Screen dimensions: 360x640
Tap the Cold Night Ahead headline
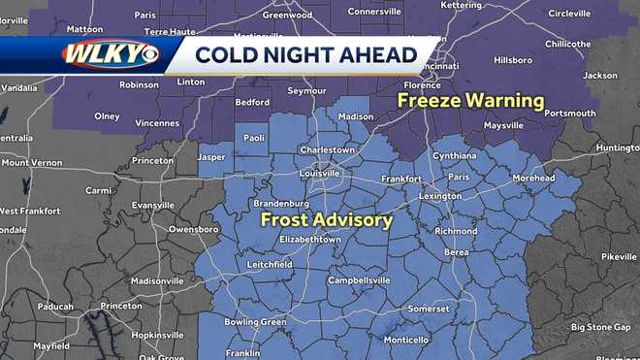305,54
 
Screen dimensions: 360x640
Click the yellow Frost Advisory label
327,220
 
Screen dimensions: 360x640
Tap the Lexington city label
439,195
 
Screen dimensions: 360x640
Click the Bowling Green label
255,321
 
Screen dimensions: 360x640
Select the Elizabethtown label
309,239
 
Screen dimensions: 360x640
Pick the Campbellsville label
359,279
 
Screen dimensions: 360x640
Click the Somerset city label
428,309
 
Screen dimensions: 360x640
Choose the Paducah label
55,307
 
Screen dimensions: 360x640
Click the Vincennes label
157,123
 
